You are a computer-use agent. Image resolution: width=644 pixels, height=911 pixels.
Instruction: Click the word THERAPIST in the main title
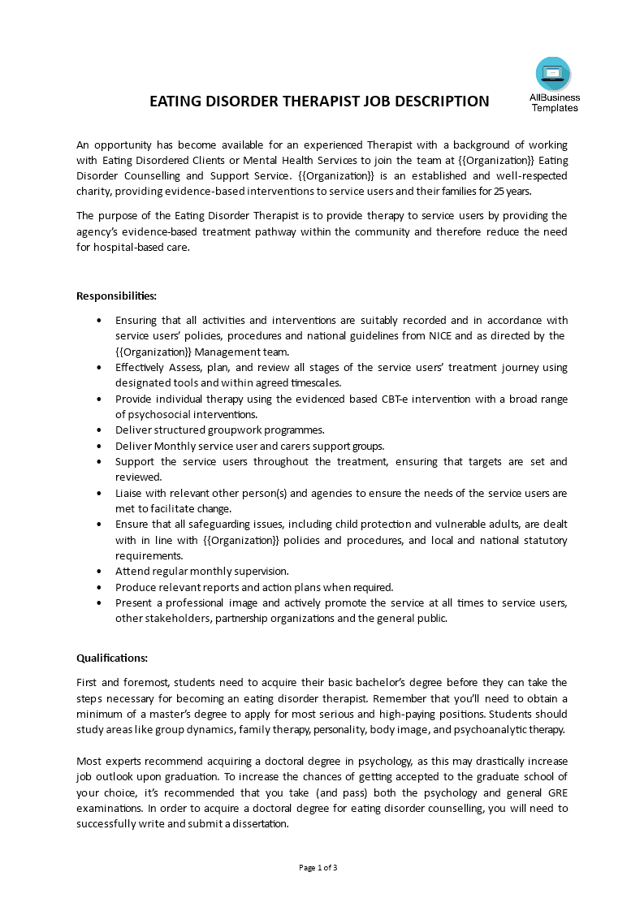pos(333,101)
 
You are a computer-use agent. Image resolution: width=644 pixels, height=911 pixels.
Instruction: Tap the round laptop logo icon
pos(553,74)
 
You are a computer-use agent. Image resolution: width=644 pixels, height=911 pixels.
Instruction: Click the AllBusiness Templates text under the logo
pos(555,103)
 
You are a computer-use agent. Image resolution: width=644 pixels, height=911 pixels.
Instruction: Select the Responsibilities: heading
pos(116,296)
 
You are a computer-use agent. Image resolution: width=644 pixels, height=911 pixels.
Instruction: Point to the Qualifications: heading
pos(112,658)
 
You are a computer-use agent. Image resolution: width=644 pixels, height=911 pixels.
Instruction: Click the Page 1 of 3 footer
pos(318,867)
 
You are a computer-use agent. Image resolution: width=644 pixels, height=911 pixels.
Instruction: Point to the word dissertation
pos(259,823)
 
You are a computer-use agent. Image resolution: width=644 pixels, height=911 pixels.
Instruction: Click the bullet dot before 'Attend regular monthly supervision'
pos(99,572)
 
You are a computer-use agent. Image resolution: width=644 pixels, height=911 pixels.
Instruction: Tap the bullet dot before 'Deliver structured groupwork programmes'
pos(99,430)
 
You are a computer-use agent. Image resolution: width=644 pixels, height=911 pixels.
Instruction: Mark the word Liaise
pos(129,493)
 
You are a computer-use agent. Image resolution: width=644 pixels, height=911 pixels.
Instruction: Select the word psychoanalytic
pos(495,729)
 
